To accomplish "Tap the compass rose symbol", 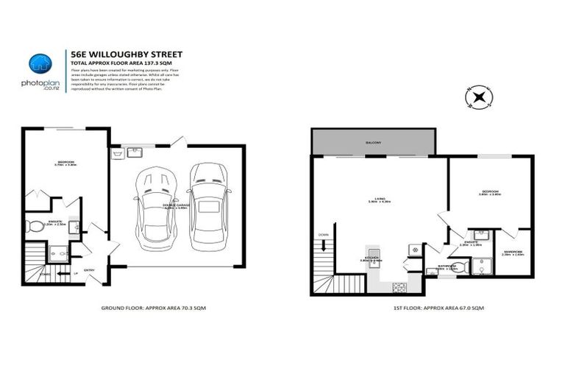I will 479,96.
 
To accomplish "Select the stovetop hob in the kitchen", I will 399,284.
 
